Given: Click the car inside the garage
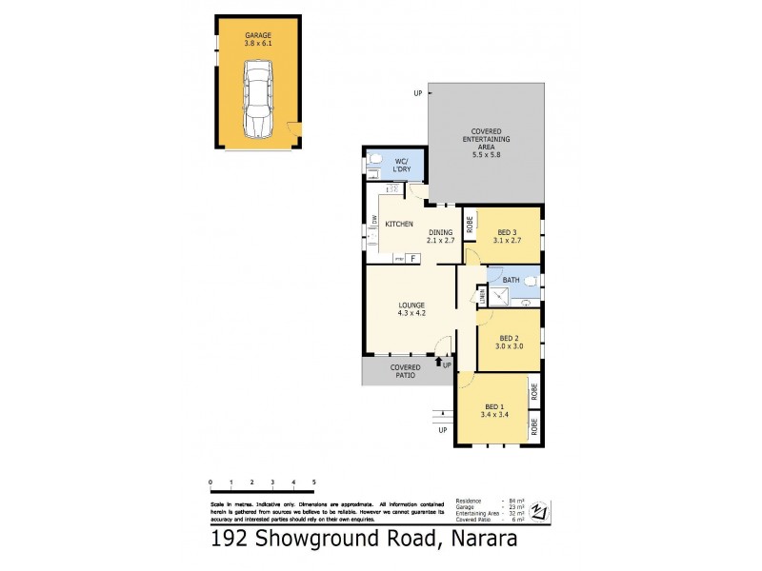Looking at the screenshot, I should (256, 99).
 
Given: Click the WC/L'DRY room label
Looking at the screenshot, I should (402, 166).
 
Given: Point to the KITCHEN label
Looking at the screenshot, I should (398, 224).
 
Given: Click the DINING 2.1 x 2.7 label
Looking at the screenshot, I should (440, 237).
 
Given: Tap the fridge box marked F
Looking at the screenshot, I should (414, 258).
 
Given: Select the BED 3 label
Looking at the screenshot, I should (507, 234).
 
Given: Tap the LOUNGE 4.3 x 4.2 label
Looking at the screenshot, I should (411, 309).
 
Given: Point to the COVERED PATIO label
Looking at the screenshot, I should (406, 371).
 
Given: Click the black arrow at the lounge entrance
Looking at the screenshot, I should (437, 363).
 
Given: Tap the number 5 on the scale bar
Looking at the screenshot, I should (313, 483).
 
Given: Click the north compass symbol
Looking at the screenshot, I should (541, 511).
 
